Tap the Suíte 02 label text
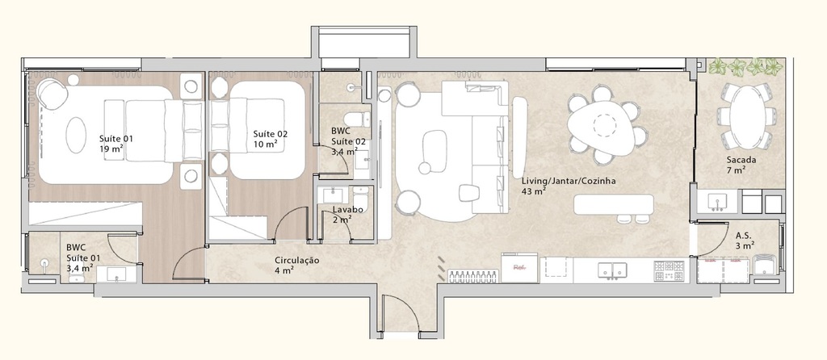(270, 139)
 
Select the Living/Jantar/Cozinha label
(569, 186)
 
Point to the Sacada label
(741, 165)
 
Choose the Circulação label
(297, 265)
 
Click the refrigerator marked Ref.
(519, 268)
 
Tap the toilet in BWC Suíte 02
(363, 119)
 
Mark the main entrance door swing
(398, 315)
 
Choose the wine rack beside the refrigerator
(471, 275)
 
